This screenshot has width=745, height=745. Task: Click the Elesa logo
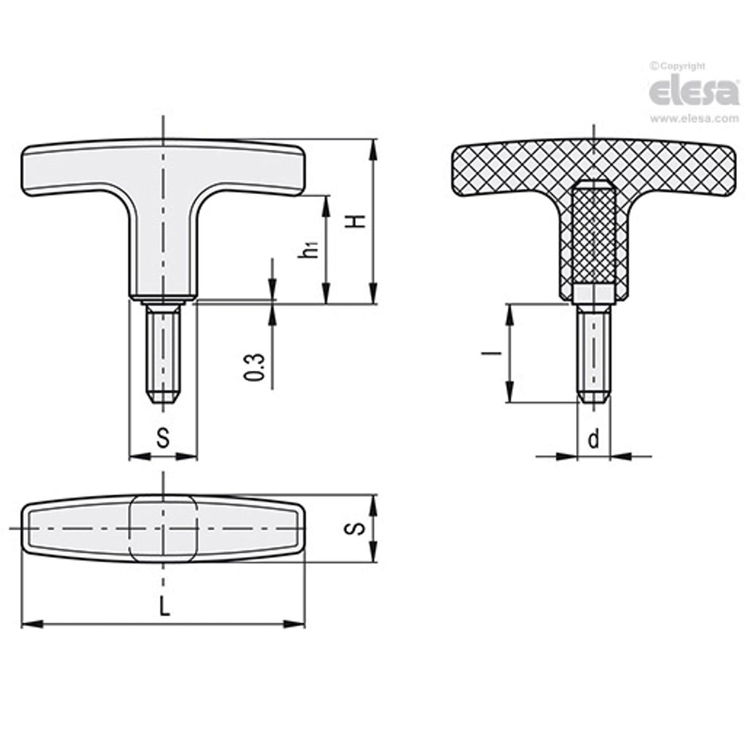(693, 91)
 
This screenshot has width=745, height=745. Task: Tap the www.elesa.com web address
(694, 118)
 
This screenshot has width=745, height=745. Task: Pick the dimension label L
(163, 606)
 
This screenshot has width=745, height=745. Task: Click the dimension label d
(593, 439)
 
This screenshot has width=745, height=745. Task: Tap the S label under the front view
(163, 438)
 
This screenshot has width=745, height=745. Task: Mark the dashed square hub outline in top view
(163, 528)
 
